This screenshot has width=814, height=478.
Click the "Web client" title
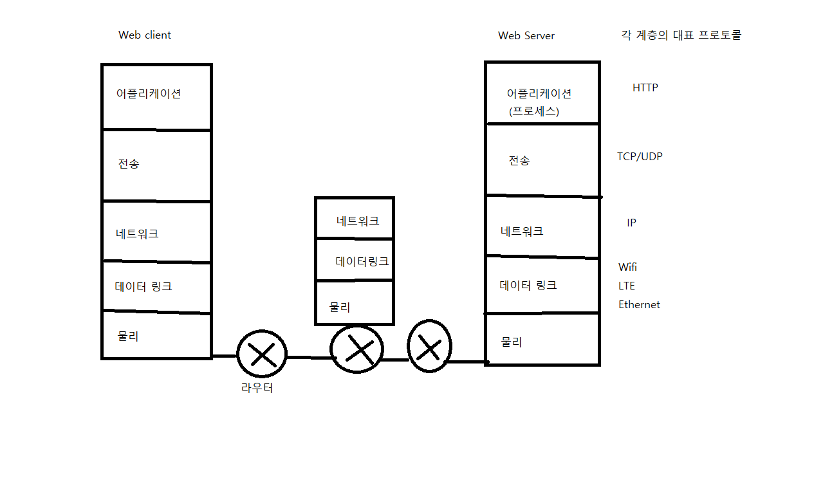pos(145,35)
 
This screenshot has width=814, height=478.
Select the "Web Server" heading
pos(526,36)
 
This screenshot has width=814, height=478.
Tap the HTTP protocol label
pos(645,87)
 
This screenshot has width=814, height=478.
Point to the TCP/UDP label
pos(640,156)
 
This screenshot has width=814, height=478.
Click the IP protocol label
pos(631,223)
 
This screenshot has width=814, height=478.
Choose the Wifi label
pos(627,267)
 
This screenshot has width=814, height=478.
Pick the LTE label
pos(627,286)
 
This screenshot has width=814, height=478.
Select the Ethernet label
pos(639,305)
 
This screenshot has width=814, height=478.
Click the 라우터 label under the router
pos(257,389)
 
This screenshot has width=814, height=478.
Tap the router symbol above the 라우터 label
pos(261,354)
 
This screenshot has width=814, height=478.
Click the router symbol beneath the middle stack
pos(357,349)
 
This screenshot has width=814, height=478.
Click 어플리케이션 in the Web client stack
pos(149,93)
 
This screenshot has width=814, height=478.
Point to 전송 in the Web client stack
pos(129,163)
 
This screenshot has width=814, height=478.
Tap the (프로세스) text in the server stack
pos(534,111)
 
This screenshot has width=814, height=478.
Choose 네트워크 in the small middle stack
pos(358,221)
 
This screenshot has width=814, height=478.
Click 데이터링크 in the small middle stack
pos(362,262)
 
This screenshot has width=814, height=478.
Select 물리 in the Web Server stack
pos(512,342)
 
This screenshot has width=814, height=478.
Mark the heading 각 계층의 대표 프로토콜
pos(681,35)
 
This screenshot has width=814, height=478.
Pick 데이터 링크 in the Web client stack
pos(143,287)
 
